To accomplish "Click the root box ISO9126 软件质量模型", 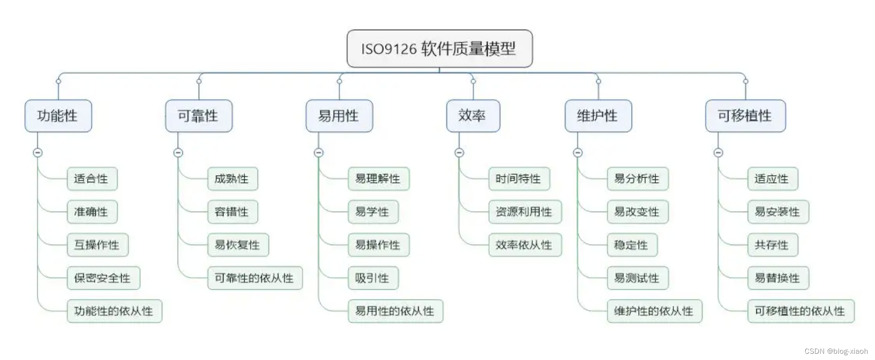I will click(439, 49).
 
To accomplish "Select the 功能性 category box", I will click(58, 116).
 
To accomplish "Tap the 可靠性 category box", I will click(199, 116).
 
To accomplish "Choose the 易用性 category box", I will click(339, 116).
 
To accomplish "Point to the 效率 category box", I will click(473, 116).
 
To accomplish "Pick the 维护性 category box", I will click(598, 116).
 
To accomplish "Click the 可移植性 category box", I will click(745, 116).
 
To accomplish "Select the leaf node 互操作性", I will click(97, 245).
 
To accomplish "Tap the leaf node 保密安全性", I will click(103, 278).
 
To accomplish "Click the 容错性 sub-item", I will click(232, 212).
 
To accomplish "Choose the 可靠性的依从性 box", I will click(255, 278).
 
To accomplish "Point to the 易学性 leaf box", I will click(373, 212).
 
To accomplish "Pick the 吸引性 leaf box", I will click(373, 278).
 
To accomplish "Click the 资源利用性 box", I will click(525, 212).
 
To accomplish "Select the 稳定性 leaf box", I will click(632, 245).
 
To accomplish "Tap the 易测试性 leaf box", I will click(638, 278).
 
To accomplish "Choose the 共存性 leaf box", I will click(773, 245).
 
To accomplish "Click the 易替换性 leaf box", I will click(778, 278).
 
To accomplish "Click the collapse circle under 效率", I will click(459, 153).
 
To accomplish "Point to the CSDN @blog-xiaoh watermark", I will click(836, 351).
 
